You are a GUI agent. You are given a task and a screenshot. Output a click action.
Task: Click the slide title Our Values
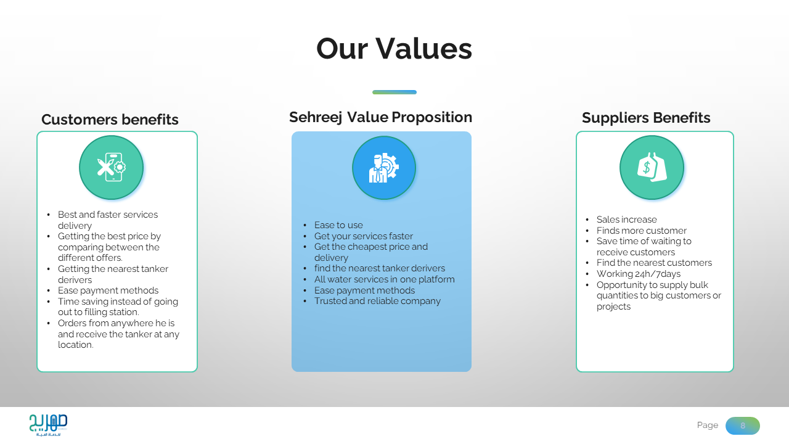(x=394, y=49)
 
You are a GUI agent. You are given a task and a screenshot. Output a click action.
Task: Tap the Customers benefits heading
(x=110, y=120)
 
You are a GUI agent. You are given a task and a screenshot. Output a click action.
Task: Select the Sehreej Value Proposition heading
(x=380, y=117)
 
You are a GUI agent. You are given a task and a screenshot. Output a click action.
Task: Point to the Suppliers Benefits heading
(x=646, y=118)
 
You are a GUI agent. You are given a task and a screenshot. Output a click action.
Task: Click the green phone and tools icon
(x=112, y=167)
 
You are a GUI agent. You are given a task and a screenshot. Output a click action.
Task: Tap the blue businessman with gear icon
(x=384, y=168)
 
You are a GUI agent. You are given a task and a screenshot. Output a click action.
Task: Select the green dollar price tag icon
(x=652, y=167)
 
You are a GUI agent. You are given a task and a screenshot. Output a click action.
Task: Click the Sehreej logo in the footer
(x=48, y=425)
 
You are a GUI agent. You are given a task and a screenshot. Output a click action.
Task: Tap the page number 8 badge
(x=743, y=425)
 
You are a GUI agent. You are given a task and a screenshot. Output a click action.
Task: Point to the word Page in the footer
(x=707, y=425)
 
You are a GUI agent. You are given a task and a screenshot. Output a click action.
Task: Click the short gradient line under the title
(x=394, y=92)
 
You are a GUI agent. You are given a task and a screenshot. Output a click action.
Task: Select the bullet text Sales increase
(x=627, y=220)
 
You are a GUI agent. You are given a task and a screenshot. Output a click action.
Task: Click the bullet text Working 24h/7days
(x=638, y=274)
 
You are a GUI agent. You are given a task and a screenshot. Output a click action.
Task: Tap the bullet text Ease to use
(x=338, y=225)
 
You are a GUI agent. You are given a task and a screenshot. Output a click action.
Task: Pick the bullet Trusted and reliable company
(x=377, y=301)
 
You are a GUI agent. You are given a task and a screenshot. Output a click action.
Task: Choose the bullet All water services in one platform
(x=384, y=279)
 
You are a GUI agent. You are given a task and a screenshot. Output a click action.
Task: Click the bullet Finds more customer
(x=642, y=231)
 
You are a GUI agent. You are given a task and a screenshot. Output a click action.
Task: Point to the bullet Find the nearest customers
(x=654, y=263)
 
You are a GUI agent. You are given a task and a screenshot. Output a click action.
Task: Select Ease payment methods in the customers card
(x=108, y=290)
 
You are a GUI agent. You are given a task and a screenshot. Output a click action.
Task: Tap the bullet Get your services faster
(x=364, y=236)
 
